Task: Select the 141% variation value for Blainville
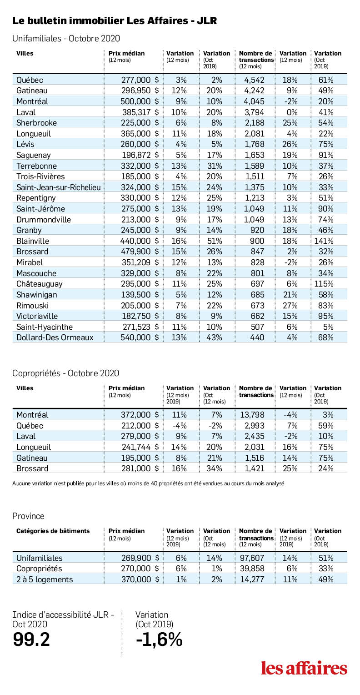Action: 324,241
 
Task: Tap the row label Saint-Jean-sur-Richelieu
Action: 59,187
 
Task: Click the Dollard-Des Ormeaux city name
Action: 55,337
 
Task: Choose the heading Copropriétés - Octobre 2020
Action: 65,373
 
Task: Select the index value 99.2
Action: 31,640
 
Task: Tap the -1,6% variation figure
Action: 160,640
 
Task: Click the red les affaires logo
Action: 304,668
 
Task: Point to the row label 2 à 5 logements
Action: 44,579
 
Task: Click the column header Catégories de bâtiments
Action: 53,531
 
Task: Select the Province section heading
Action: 28,516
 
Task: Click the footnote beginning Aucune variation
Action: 148,483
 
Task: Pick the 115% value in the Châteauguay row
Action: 325,284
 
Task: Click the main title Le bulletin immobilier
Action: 115,21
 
